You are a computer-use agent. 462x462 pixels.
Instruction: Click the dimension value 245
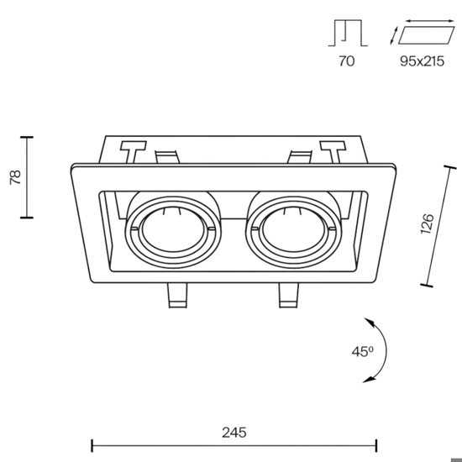[234, 433]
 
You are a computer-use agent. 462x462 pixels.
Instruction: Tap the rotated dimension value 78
[15, 177]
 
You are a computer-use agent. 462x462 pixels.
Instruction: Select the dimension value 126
[427, 224]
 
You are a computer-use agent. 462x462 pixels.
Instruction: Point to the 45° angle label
[362, 351]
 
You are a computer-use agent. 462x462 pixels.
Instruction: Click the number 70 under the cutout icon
[346, 61]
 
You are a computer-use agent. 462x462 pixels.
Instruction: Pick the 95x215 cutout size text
[422, 61]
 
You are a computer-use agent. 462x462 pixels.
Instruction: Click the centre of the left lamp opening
[173, 230]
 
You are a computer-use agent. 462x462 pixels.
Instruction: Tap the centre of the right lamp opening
[293, 230]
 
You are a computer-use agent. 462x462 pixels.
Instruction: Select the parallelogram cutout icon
[427, 35]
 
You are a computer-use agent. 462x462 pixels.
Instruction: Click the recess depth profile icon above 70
[348, 33]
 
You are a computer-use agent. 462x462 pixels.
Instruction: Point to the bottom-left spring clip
[177, 296]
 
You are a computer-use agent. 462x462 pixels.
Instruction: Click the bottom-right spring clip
[289, 296]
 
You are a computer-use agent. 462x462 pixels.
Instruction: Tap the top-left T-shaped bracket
[133, 152]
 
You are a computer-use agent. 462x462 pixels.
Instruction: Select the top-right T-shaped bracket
[333, 152]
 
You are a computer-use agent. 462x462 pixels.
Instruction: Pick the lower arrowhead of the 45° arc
[369, 380]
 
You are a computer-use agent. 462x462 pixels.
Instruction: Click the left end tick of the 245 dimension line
[92, 445]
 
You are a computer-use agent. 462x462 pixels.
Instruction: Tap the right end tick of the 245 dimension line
[376, 445]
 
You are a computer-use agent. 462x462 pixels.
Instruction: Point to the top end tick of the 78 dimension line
[27, 137]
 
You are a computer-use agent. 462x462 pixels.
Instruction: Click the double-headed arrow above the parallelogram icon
[430, 21]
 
